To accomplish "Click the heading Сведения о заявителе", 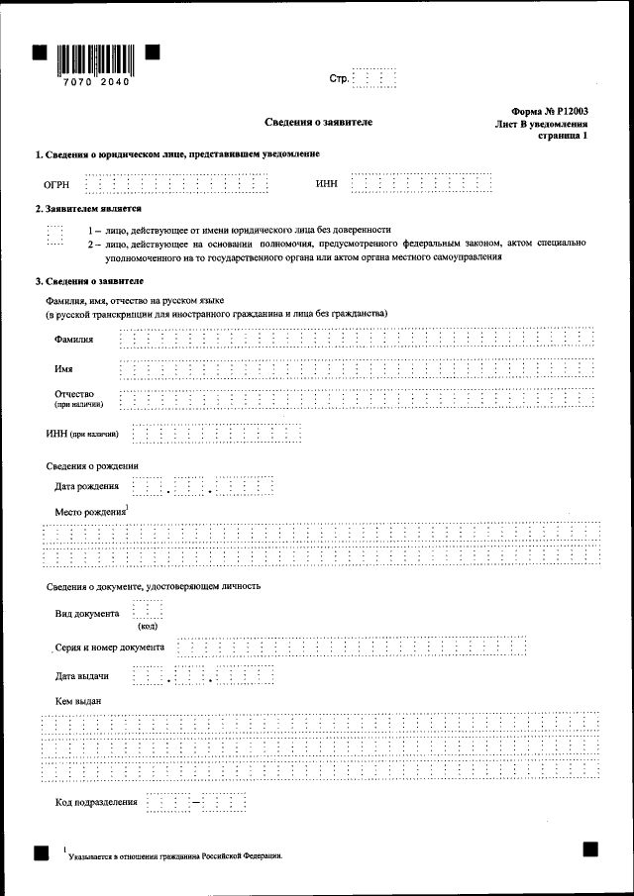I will tap(318, 122).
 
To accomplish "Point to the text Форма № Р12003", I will tap(550, 113).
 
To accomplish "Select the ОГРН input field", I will tap(176, 184).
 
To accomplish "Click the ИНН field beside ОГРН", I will tap(422, 184).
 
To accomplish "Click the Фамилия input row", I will tap(356, 341).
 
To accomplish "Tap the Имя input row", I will tap(356, 369).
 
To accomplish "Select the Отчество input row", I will tap(356, 398).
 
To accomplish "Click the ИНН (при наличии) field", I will tap(216, 434).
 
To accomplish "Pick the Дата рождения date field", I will tap(202, 487).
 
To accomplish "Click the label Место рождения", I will tap(92, 512).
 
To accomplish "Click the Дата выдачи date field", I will tap(202, 677).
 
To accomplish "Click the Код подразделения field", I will tap(194, 801).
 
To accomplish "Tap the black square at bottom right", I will tap(590, 848).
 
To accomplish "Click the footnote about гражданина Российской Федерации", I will tap(174, 855).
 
